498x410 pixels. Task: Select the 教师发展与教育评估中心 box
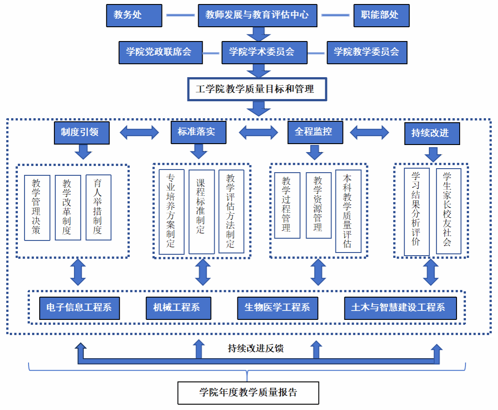click(257, 15)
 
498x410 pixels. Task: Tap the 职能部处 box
click(381, 15)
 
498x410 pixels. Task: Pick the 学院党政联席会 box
click(160, 52)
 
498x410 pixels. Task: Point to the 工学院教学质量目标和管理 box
click(256, 89)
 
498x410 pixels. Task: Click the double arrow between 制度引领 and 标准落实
click(140, 132)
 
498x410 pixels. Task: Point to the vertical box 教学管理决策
click(37, 207)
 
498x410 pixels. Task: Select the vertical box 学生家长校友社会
click(448, 211)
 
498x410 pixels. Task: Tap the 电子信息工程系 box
click(79, 308)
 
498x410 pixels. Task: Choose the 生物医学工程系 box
click(277, 308)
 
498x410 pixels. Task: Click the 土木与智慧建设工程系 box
click(400, 308)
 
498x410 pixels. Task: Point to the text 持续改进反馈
click(256, 348)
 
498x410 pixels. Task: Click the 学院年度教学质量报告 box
click(248, 393)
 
